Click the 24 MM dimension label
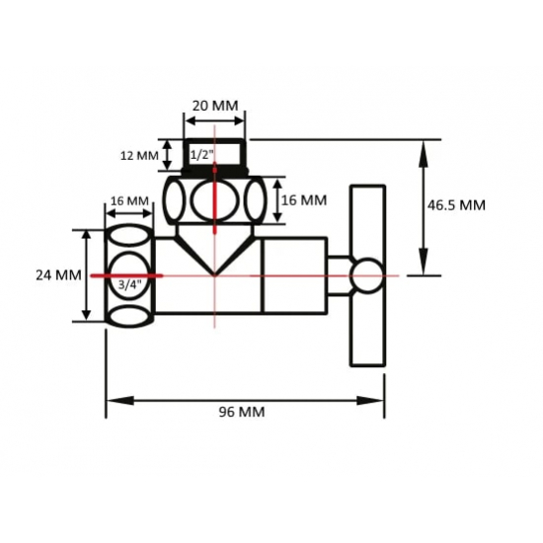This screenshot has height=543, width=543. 56,275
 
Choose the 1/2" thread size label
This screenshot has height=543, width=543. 202,155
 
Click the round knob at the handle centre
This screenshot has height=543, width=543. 367,275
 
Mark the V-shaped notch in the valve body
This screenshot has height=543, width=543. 214,263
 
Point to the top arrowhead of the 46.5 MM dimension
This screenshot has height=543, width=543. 425,147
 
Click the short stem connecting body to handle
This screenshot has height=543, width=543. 339,275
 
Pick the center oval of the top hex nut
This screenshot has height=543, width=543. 213,201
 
